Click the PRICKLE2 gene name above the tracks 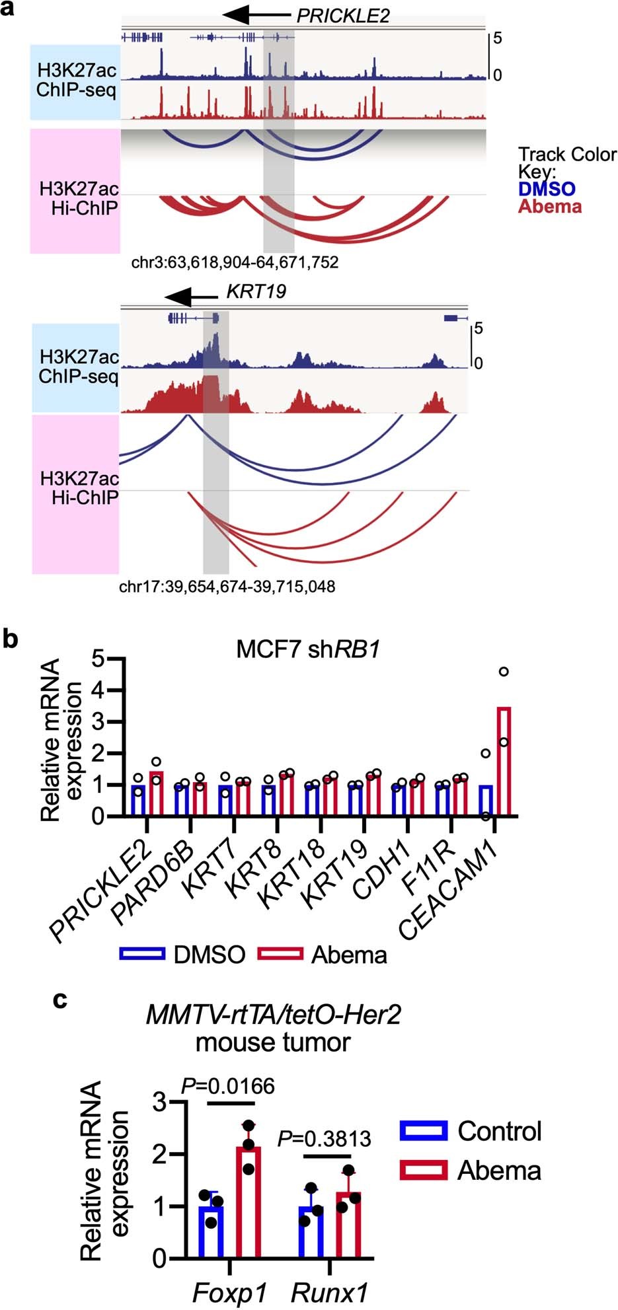pyautogui.click(x=342, y=16)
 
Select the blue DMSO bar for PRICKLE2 pyautogui.click(x=138, y=801)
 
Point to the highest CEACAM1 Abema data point pyautogui.click(x=504, y=672)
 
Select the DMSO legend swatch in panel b pyautogui.click(x=141, y=953)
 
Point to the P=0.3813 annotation pyautogui.click(x=325, y=1139)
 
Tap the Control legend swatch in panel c pyautogui.click(x=423, y=1131)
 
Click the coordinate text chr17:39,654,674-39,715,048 pyautogui.click(x=227, y=586)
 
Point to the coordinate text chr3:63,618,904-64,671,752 pyautogui.click(x=235, y=262)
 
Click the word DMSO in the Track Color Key pyautogui.click(x=547, y=189)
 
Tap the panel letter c pyautogui.click(x=60, y=1000)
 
